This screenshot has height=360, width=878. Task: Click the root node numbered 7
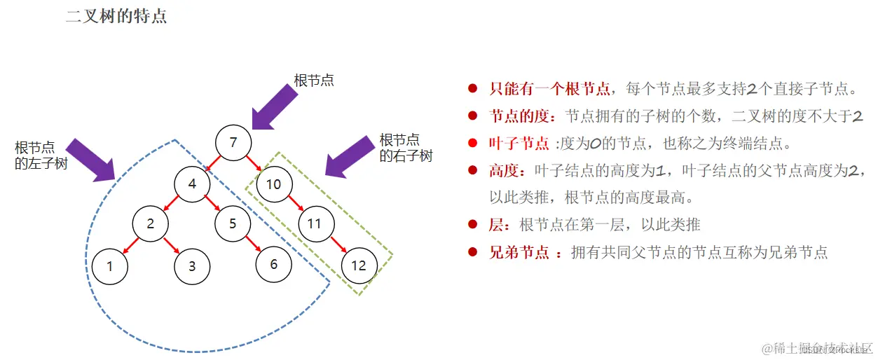click(x=233, y=143)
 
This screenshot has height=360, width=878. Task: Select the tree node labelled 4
click(x=193, y=184)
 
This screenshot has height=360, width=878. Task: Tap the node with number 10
click(x=273, y=184)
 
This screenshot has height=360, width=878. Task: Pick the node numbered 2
click(x=151, y=224)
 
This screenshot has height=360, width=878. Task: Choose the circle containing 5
click(x=233, y=224)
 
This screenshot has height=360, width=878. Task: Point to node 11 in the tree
click(x=315, y=224)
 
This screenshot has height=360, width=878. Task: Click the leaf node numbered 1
click(x=109, y=265)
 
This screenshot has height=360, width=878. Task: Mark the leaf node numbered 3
click(x=192, y=265)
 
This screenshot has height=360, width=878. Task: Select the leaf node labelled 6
click(x=273, y=264)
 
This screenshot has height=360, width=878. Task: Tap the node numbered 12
click(x=358, y=265)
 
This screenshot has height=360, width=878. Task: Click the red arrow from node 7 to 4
click(x=213, y=164)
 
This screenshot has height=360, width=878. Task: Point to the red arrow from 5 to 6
click(x=253, y=244)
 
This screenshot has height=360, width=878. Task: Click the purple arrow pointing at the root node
click(x=275, y=107)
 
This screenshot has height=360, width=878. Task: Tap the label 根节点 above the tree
click(x=314, y=80)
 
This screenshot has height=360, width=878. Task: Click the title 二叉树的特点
click(x=116, y=17)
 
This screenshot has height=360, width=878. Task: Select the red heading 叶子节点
click(x=519, y=144)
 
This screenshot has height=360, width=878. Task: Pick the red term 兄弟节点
click(x=519, y=252)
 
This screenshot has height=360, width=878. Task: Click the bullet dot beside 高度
click(x=473, y=170)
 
